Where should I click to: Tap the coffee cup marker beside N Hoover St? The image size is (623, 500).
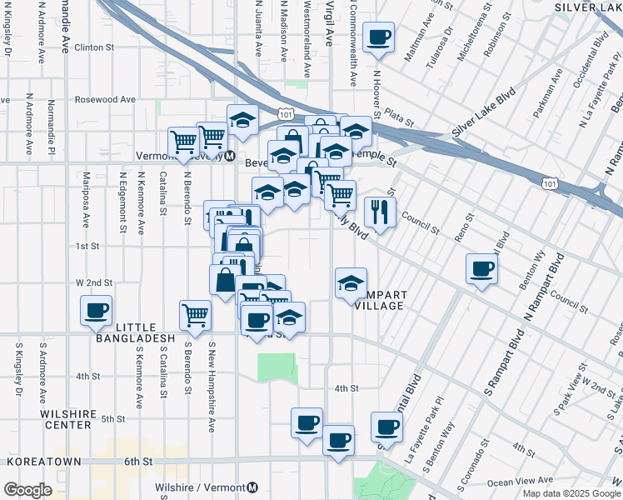pos(378,37)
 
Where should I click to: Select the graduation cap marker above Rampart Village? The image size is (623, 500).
pos(351,282)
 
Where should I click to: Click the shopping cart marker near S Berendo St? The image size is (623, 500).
pos(195,315)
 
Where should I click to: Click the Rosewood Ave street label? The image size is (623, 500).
pos(105,99)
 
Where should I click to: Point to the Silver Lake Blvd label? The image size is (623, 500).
pos(479,121)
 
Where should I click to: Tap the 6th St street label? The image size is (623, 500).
pos(139,461)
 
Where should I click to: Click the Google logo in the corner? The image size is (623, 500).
pos(27,489)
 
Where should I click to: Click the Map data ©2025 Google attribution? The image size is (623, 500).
pos(571,493)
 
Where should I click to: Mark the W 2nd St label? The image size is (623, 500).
pos(93,282)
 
